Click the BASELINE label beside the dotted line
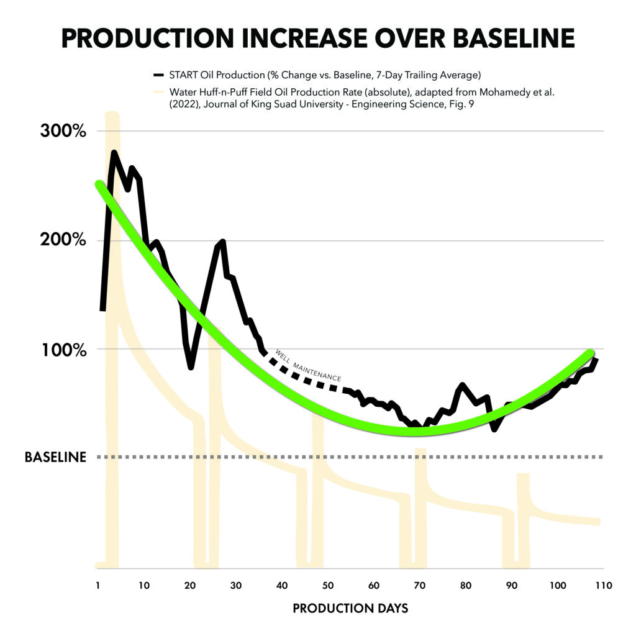[x=55, y=457]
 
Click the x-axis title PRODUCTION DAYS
[x=350, y=608]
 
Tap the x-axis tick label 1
[x=98, y=585]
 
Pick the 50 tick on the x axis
[x=328, y=585]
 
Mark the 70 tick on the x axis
[x=420, y=585]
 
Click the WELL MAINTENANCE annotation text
[x=308, y=365]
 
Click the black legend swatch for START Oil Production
[x=159, y=75]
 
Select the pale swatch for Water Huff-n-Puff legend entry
[x=159, y=92]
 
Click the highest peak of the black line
[x=114, y=153]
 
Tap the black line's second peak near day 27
[x=222, y=242]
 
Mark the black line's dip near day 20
[x=191, y=366]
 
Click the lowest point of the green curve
[x=412, y=431]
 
